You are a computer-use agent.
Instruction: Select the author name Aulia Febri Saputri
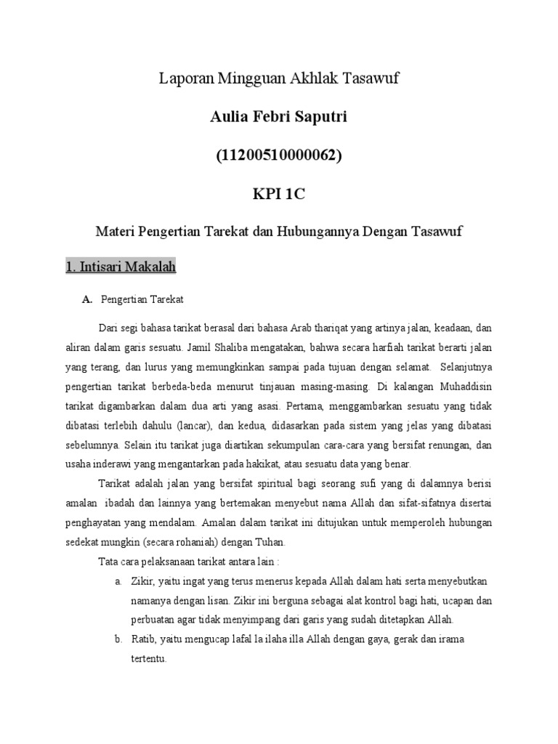[x=280, y=117]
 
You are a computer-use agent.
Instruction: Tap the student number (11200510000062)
[x=280, y=155]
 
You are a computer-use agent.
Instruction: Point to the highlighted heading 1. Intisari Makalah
[x=120, y=267]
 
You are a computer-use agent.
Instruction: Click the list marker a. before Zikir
[x=118, y=582]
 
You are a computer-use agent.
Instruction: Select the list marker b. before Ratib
[x=118, y=639]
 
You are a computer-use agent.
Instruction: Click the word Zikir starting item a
[x=142, y=582]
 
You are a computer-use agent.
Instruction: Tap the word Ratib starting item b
[x=143, y=639]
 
